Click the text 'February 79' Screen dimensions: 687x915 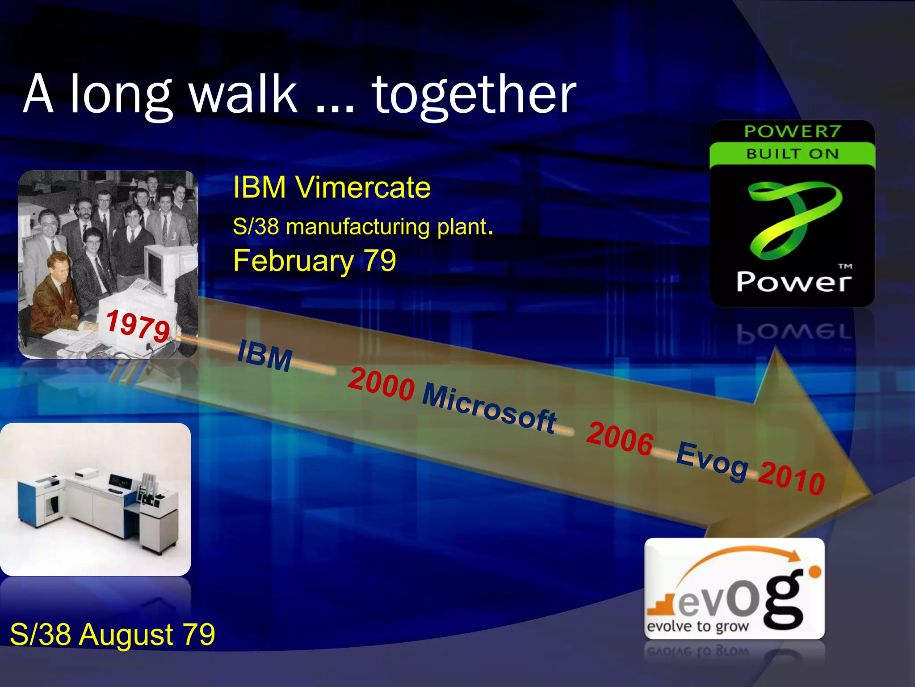pyautogui.click(x=315, y=261)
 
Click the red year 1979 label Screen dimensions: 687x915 pyautogui.click(x=138, y=325)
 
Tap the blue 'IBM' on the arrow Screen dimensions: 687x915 pyautogui.click(x=264, y=356)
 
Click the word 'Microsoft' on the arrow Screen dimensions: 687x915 pyautogui.click(x=489, y=408)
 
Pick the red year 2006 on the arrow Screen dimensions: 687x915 pyautogui.click(x=620, y=439)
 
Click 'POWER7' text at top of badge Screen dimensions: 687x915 pyautogui.click(x=792, y=131)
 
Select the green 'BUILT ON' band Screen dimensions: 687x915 pyautogui.click(x=792, y=153)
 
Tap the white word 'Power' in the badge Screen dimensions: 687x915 pyautogui.click(x=793, y=282)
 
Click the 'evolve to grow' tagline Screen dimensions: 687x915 pyautogui.click(x=697, y=626)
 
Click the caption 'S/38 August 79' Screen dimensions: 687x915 pyautogui.click(x=112, y=634)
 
